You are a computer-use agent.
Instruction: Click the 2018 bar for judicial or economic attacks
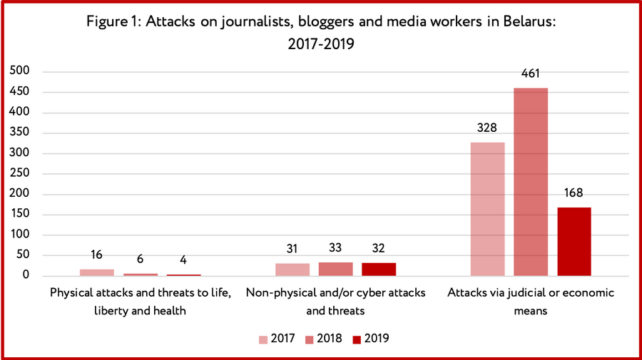[531, 182]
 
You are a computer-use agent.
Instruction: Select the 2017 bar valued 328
[487, 209]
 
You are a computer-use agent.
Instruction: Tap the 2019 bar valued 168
[574, 242]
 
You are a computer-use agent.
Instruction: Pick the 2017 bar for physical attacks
[96, 272]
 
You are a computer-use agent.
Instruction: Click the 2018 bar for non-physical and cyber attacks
[335, 269]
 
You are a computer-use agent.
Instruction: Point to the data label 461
[531, 73]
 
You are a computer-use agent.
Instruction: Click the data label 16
[96, 254]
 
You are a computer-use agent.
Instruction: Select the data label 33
[335, 247]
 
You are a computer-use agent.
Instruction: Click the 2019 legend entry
[370, 339]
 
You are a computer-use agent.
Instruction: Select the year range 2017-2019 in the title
[321, 43]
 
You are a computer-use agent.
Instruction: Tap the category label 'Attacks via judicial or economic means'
[531, 301]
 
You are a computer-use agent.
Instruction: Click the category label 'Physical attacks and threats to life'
[140, 293]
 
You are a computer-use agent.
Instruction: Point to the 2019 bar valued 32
[379, 269]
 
